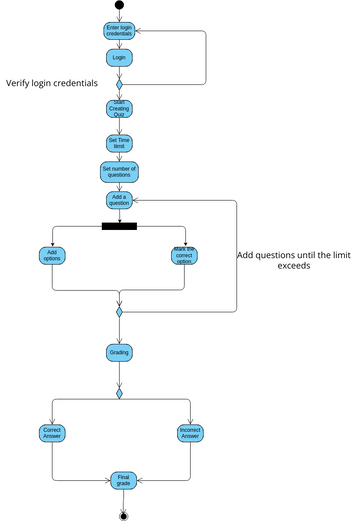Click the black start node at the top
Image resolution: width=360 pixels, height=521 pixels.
click(120, 5)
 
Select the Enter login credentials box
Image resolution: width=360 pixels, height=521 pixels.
click(119, 31)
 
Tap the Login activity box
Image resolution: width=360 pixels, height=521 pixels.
click(119, 58)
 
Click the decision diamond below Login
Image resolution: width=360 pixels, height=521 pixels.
click(119, 85)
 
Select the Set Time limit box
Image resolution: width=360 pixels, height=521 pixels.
click(119, 142)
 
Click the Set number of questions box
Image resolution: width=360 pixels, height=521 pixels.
click(119, 170)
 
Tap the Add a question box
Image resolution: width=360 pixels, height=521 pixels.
click(119, 199)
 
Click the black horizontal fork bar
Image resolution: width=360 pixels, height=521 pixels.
click(119, 226)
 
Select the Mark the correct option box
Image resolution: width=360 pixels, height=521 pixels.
click(185, 255)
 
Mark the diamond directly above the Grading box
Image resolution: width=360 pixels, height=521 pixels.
click(119, 313)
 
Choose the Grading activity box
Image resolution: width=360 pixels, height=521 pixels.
click(119, 352)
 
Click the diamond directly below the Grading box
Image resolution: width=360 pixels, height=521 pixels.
click(119, 393)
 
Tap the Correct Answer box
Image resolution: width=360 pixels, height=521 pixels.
click(52, 433)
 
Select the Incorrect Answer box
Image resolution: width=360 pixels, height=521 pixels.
click(189, 433)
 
